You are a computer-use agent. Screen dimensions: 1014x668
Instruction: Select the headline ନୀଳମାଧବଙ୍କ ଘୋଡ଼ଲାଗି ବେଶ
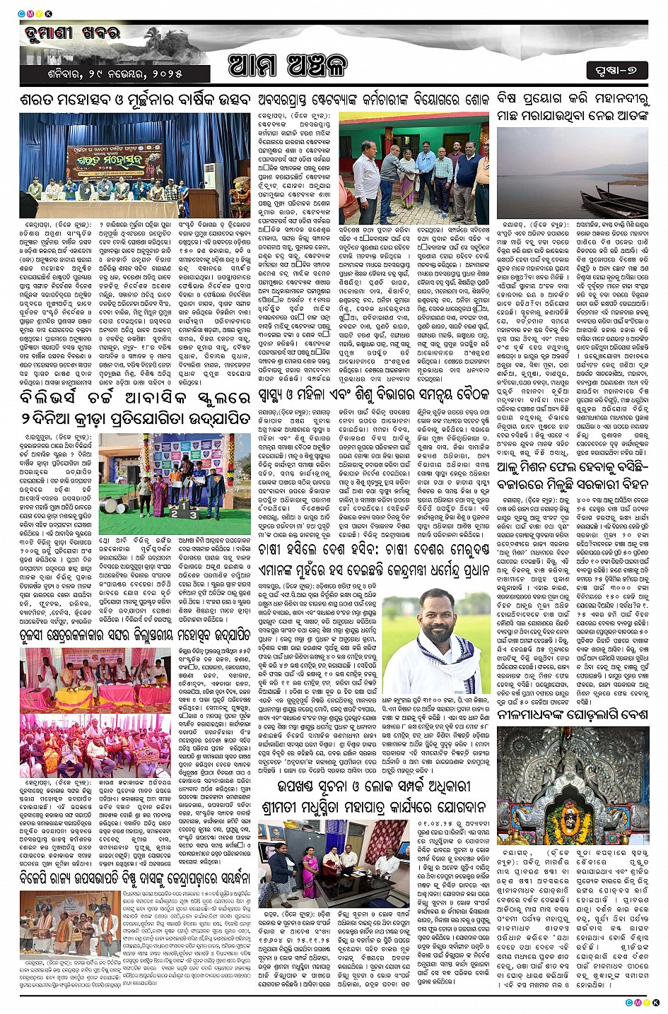573,714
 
